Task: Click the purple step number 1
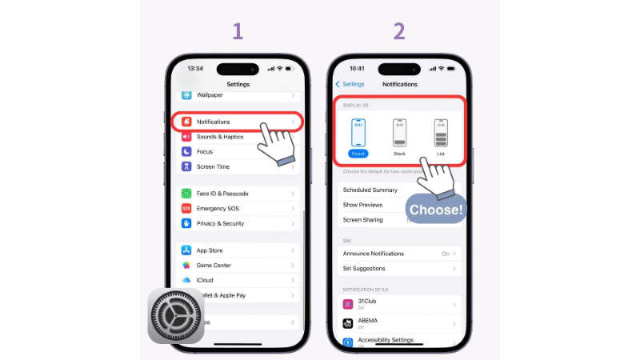click(x=238, y=31)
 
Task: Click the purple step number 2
click(x=398, y=31)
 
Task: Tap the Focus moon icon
click(x=186, y=151)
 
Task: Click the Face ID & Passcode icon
click(x=186, y=194)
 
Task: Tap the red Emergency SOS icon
click(x=186, y=208)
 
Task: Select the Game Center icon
click(x=186, y=265)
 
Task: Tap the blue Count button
click(x=358, y=153)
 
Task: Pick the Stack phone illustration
click(x=399, y=132)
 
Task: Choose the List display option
click(x=441, y=136)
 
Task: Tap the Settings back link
click(x=350, y=84)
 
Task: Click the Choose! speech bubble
click(x=436, y=210)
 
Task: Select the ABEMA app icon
click(x=348, y=323)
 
